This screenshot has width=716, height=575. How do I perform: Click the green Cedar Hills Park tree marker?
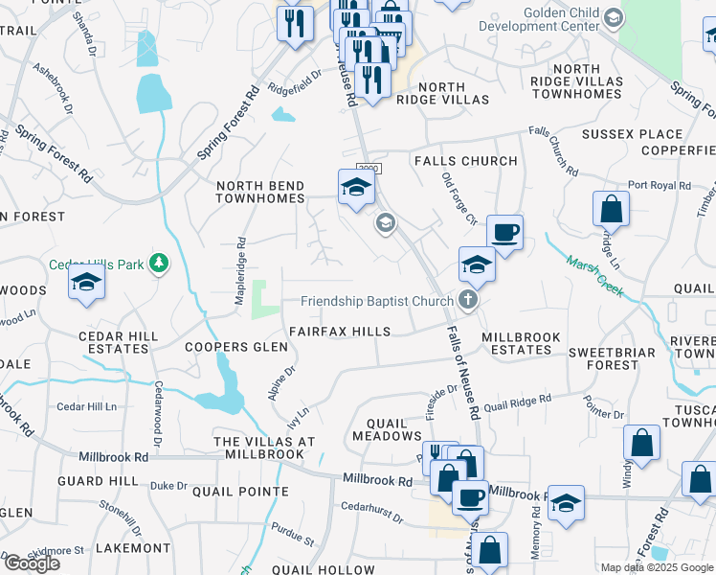[159, 263]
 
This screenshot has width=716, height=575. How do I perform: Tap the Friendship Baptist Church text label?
[376, 301]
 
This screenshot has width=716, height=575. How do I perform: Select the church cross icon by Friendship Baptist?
[468, 301]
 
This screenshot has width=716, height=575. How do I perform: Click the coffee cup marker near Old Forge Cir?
[504, 231]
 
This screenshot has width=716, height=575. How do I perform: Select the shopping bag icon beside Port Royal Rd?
[611, 208]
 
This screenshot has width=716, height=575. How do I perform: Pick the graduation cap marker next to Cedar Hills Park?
[86, 284]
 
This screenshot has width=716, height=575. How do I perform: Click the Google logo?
[32, 563]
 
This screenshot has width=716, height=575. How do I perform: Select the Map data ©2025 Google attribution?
[657, 567]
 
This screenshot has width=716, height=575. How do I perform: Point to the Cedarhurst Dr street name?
[372, 508]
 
